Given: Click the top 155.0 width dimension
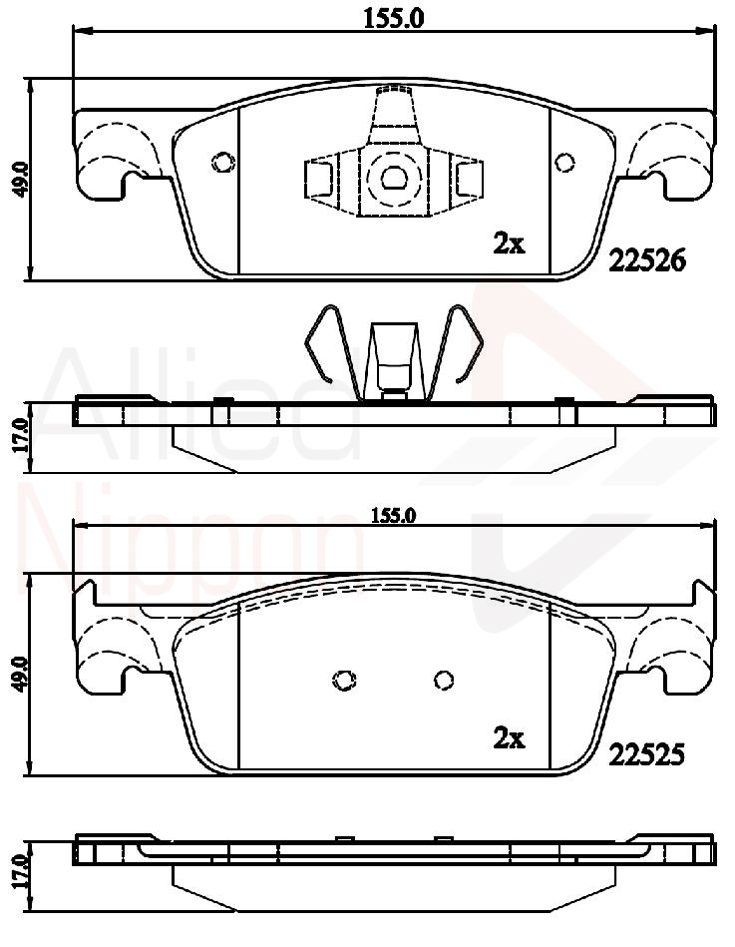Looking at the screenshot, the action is pyautogui.click(x=394, y=18).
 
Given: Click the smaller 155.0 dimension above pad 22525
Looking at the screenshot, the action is pyautogui.click(x=394, y=515).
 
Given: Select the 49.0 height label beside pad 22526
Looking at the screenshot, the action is pyautogui.click(x=21, y=180).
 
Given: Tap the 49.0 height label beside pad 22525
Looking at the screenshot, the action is pyautogui.click(x=21, y=674).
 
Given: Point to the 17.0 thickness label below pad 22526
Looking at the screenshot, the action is pyautogui.click(x=21, y=437).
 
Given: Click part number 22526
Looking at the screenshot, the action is pyautogui.click(x=647, y=260).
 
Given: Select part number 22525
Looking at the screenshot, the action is pyautogui.click(x=647, y=754).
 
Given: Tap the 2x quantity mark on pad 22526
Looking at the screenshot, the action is pyautogui.click(x=509, y=244).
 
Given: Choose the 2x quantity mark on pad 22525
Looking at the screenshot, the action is pyautogui.click(x=509, y=738).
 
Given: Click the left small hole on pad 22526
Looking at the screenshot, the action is pyautogui.click(x=222, y=162).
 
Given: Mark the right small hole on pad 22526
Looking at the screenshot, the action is pyautogui.click(x=564, y=163).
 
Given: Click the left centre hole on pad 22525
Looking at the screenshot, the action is pyautogui.click(x=344, y=680).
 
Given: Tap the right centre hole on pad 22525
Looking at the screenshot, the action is pyautogui.click(x=444, y=681).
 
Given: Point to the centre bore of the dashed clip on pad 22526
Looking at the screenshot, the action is pyautogui.click(x=394, y=179).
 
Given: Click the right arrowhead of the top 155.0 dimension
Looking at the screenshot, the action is pyautogui.click(x=706, y=29).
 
